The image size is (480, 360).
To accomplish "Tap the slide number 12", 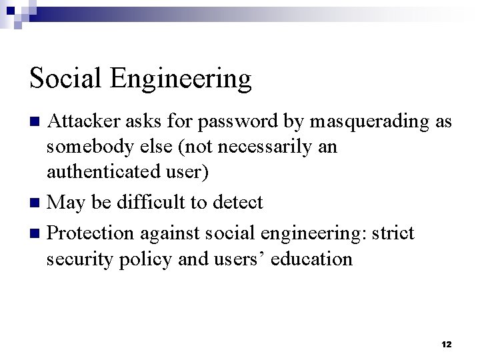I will click(446, 344).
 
